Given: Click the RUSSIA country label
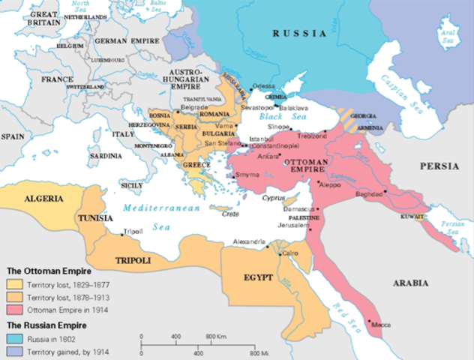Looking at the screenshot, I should (299, 33).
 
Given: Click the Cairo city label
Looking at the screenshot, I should (291, 255).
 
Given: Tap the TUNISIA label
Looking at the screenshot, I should (95, 218).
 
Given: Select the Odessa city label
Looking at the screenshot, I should (264, 86).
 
